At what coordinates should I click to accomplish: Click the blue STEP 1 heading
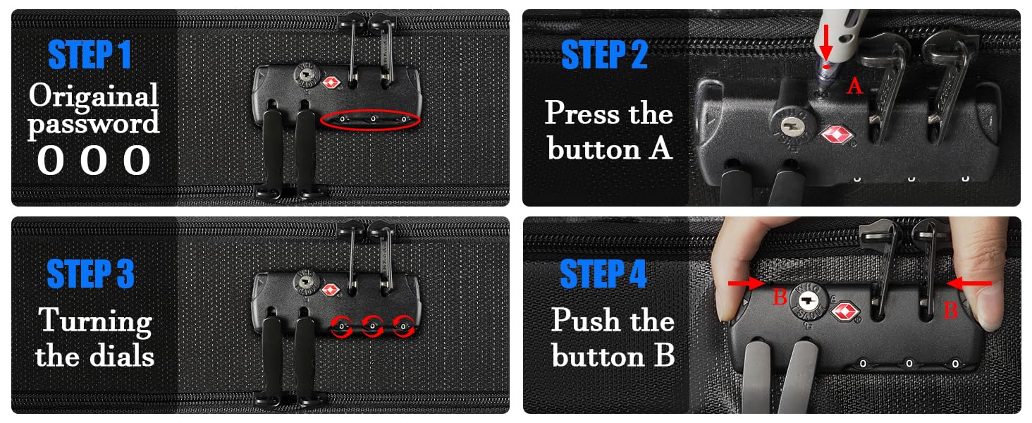click(90, 54)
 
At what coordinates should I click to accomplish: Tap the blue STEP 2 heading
click(604, 54)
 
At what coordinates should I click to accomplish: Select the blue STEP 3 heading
click(90, 274)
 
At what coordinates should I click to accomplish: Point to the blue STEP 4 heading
click(603, 274)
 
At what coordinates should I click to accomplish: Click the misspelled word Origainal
click(94, 96)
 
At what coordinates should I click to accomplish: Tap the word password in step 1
click(94, 123)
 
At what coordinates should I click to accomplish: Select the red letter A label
click(854, 86)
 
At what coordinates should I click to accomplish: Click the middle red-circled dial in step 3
click(372, 326)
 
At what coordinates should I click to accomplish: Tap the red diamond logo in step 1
click(331, 83)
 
